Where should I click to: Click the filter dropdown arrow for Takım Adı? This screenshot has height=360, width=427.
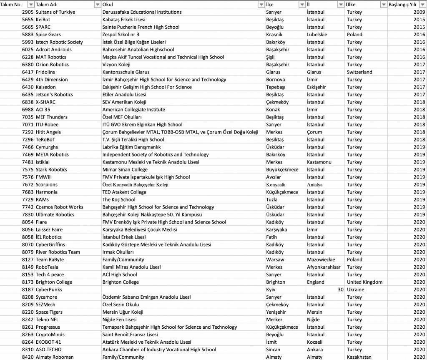point(98,4)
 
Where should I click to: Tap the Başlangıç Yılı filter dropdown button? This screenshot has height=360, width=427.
point(423,4)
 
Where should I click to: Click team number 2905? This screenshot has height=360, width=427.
point(28,12)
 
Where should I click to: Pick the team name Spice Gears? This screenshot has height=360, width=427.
point(48,35)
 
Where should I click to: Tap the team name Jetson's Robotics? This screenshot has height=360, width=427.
point(54,95)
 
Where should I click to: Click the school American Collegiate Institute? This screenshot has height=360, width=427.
point(133,110)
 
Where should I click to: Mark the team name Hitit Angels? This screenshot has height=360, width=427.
point(48,132)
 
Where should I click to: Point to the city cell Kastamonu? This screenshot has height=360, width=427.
point(319,162)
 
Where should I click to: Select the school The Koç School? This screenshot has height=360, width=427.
point(119,200)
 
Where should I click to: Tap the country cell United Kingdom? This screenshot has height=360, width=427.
point(364,282)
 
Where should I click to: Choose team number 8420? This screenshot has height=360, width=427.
point(28,357)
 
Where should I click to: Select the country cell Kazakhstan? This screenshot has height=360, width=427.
point(359,357)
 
